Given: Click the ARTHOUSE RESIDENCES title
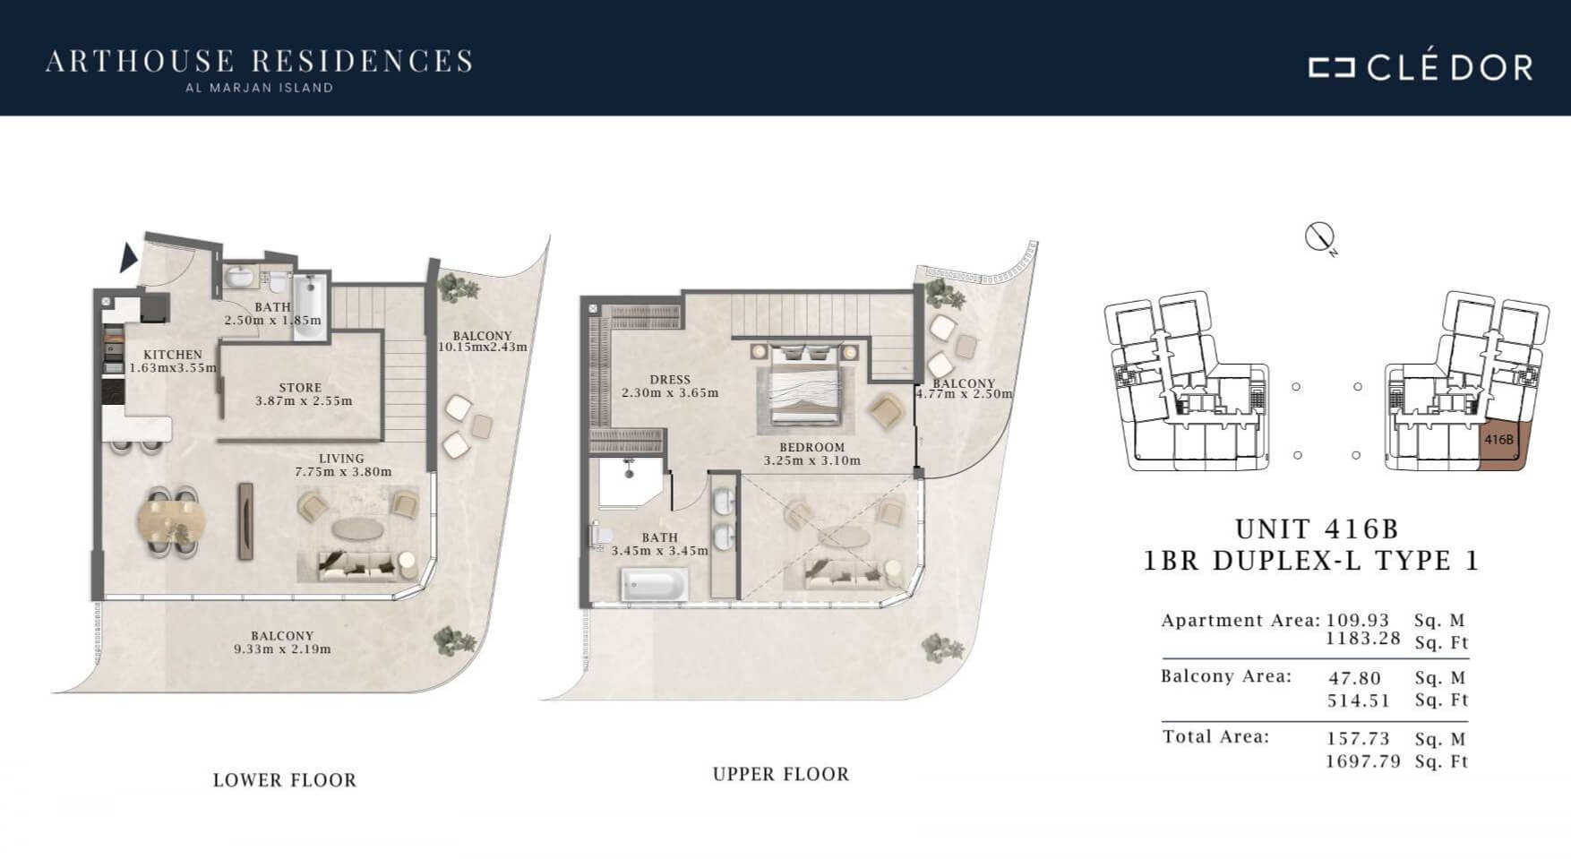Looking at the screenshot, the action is click(x=259, y=61).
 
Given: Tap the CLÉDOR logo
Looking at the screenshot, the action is click(x=1421, y=67).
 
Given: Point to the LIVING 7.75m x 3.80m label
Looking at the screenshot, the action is click(x=342, y=465).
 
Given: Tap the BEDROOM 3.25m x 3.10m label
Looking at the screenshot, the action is click(x=811, y=454).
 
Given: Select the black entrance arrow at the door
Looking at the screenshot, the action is click(x=128, y=258).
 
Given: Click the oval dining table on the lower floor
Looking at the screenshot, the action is click(x=171, y=520).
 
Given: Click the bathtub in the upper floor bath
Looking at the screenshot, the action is click(x=655, y=586).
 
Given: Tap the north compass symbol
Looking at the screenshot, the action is click(x=1319, y=237).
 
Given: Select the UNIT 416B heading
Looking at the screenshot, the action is click(x=1316, y=529).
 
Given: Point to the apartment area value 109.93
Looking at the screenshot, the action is click(x=1358, y=620).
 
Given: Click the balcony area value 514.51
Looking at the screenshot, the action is click(x=1359, y=700).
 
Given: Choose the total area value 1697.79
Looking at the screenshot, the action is click(x=1362, y=762).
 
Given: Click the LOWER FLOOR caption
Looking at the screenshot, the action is click(x=285, y=780).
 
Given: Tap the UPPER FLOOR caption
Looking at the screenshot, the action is click(x=781, y=774).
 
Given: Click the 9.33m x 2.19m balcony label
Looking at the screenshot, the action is click(x=282, y=649).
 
